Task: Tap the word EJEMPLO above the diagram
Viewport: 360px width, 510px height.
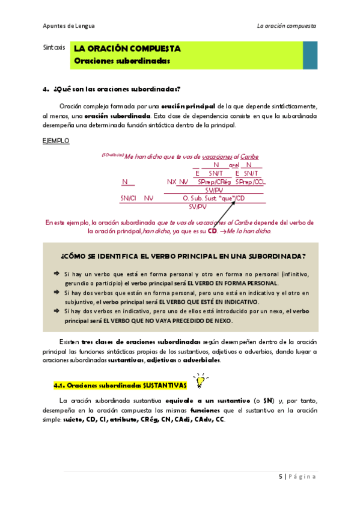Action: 56,141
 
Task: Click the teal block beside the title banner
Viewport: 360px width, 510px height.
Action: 310,55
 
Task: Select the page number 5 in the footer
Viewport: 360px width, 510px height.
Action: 281,476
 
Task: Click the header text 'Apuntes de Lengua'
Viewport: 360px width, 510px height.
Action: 69,26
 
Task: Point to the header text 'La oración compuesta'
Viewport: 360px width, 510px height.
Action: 286,26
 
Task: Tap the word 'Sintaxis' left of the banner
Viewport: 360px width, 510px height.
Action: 55,46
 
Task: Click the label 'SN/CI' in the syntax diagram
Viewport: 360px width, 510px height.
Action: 129,198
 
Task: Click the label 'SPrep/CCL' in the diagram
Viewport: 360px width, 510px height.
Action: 249,182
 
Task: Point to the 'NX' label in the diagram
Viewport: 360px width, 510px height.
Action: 171,182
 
